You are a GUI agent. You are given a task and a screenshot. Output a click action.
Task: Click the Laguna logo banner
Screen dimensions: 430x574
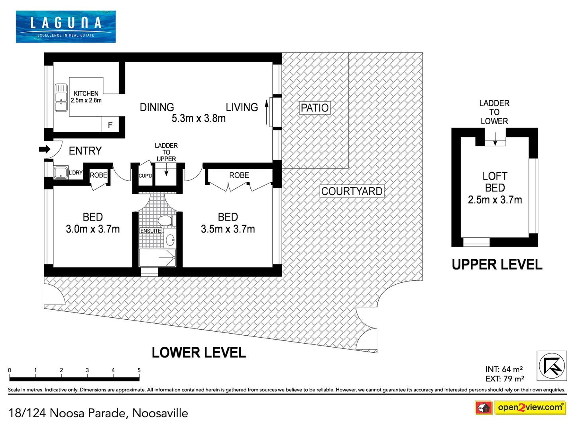[66, 26]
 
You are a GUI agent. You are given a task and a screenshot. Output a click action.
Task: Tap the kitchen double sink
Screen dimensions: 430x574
[61, 98]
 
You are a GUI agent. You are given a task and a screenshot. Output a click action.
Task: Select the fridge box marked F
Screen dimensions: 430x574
[110, 125]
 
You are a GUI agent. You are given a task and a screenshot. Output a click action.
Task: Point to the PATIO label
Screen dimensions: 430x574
[315, 108]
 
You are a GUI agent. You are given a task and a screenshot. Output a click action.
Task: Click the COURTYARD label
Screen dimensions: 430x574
[352, 192]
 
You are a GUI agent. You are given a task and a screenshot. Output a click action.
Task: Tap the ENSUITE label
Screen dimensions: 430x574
[151, 231]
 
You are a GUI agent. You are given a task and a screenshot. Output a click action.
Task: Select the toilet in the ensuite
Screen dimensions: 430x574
[165, 221]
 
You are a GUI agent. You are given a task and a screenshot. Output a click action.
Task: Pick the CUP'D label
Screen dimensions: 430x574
[145, 176]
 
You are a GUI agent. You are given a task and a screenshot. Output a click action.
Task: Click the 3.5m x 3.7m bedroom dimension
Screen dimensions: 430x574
[228, 229]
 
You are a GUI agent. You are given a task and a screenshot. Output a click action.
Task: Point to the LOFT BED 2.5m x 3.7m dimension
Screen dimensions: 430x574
[495, 199]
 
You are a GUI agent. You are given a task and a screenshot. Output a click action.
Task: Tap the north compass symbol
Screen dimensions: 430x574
[552, 366]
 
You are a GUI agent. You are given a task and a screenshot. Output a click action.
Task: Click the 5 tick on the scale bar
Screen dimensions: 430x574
[139, 370]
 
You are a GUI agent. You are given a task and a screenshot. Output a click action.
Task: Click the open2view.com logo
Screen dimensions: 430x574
[530, 407]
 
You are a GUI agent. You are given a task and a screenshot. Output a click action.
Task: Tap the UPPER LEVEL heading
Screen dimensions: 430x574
[497, 265]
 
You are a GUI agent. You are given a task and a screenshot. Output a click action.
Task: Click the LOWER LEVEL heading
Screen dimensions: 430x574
[199, 353]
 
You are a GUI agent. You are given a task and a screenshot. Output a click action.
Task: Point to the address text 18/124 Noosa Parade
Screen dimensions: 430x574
[98, 413]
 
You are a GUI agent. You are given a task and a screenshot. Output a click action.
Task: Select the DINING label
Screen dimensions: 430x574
[157, 107]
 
